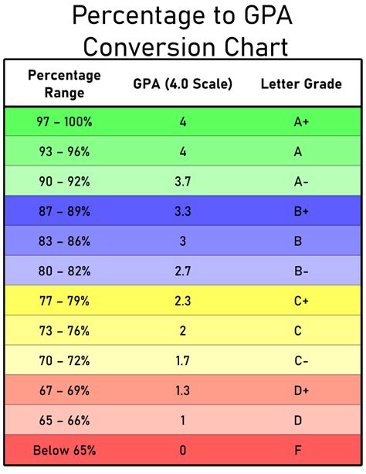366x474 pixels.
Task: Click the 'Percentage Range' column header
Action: [64, 83]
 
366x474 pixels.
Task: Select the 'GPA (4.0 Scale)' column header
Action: [183, 84]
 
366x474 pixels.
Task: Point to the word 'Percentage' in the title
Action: [138, 15]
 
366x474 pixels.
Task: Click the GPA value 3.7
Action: [183, 181]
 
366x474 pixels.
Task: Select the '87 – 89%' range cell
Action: [64, 210]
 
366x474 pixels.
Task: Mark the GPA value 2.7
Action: [183, 271]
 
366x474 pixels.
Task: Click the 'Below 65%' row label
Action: [64, 449]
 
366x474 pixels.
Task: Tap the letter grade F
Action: [297, 449]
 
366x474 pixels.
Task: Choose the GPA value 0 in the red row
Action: [183, 449]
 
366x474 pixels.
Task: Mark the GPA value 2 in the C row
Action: [183, 330]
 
